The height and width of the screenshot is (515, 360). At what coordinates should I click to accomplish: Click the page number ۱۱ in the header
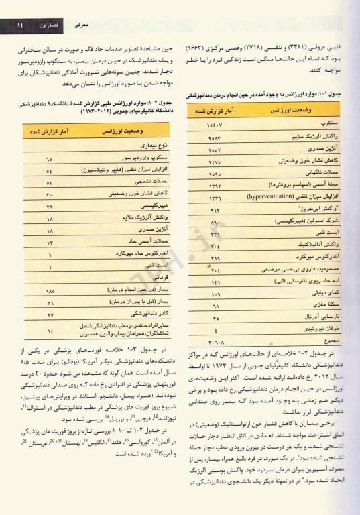(21, 25)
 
